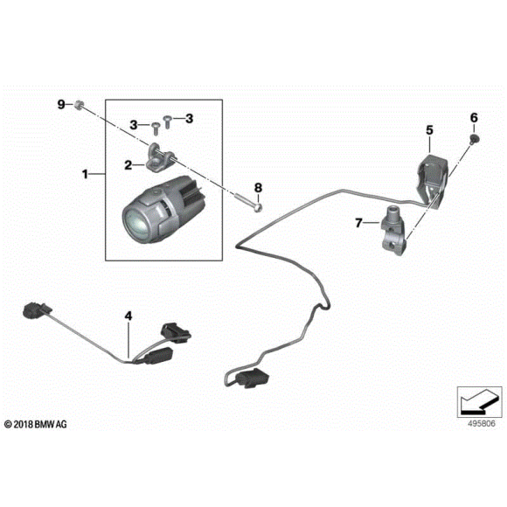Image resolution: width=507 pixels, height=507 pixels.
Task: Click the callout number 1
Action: pos(86,175)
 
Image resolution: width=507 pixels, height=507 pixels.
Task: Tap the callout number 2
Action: pos(128,163)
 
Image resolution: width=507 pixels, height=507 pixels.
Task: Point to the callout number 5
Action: pos(430,130)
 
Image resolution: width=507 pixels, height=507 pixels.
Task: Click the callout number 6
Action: pos(475,117)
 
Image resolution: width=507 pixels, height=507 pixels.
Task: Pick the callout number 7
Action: pos(359,223)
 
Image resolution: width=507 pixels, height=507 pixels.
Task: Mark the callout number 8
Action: pos(258,187)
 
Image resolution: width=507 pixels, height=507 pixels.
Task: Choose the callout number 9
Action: pos(62,105)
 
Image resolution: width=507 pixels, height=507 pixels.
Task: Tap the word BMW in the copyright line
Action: pos(48,425)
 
